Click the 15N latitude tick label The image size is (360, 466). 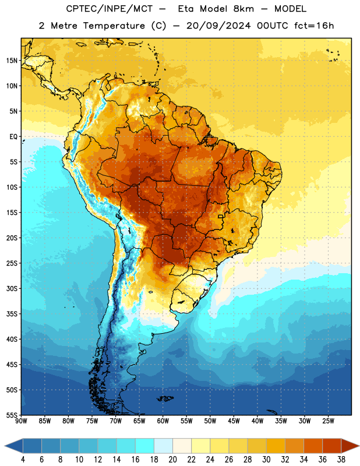12,61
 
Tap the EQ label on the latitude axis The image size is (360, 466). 13,137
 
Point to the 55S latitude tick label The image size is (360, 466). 12,415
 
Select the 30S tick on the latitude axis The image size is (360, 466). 12,288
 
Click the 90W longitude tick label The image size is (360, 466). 21,421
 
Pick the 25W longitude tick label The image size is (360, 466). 328,421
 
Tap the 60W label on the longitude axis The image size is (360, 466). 163,421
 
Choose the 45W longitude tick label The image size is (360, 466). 234,421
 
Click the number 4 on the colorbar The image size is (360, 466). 23,460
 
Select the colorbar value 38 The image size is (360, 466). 341,460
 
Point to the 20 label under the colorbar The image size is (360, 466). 172,460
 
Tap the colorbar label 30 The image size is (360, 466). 266,460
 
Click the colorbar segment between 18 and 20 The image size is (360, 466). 163,446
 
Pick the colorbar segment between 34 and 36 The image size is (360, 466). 313,446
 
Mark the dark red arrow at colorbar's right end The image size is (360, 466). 350,446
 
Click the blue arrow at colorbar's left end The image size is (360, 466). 13,446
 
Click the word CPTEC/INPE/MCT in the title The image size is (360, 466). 109,9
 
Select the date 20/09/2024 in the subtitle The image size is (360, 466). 218,26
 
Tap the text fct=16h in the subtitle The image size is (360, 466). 314,26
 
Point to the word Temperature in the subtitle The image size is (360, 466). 114,26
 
